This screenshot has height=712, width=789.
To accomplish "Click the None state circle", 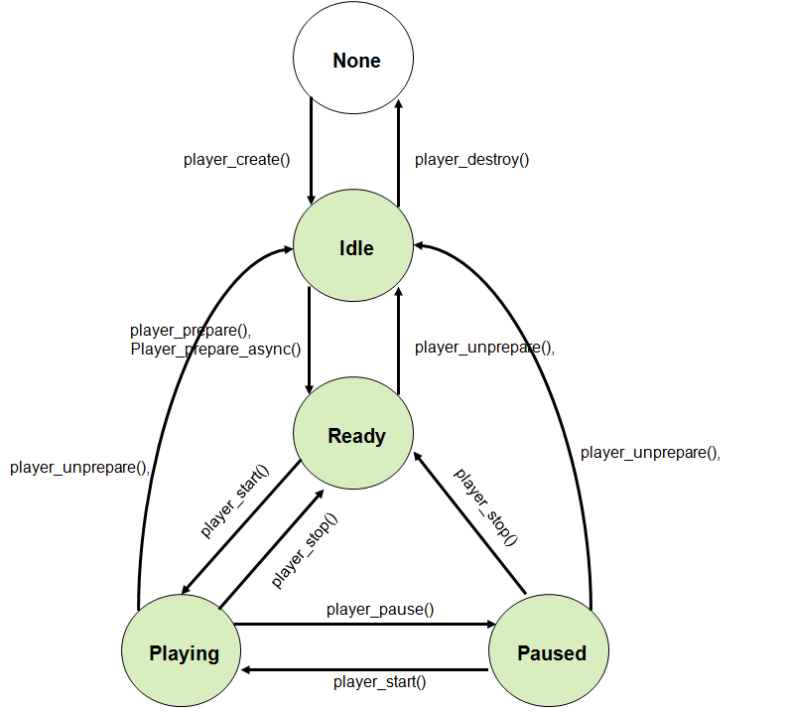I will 353,61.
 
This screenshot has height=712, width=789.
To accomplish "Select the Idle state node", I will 353,247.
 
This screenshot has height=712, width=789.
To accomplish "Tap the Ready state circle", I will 353,436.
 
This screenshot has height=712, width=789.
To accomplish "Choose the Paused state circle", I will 550,652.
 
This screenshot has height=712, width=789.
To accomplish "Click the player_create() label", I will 236,159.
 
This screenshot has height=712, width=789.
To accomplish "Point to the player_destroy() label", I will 471,159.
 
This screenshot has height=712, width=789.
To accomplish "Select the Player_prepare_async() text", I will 215,349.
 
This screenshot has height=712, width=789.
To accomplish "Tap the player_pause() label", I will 380,609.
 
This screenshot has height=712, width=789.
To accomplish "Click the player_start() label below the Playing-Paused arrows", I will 380,681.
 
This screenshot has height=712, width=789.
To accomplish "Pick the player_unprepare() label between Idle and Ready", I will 484,348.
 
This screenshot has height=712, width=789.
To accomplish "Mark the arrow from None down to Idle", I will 311,149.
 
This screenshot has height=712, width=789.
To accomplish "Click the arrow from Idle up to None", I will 398,149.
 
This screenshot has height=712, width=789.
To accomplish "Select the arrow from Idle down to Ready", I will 311,338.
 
